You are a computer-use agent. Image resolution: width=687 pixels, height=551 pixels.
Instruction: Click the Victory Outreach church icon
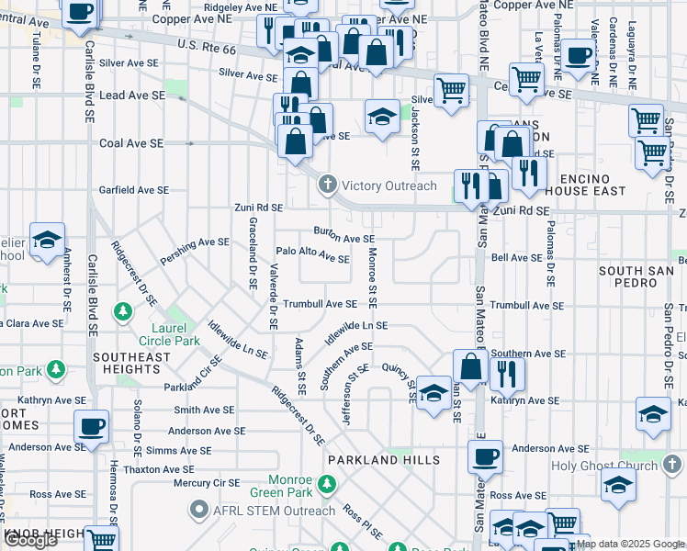click(x=327, y=186)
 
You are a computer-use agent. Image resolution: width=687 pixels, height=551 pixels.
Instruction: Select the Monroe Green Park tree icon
click(x=327, y=484)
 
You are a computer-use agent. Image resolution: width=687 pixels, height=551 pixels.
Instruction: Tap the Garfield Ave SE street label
click(x=134, y=190)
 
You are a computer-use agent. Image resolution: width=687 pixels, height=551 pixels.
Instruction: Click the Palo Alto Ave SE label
click(x=312, y=254)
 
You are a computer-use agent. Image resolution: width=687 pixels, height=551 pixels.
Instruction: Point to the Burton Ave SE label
click(x=343, y=235)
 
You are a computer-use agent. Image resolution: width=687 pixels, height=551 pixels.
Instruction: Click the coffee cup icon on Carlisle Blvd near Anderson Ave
click(x=92, y=426)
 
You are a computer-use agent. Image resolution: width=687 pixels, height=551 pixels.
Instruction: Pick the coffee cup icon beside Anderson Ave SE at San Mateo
click(x=485, y=455)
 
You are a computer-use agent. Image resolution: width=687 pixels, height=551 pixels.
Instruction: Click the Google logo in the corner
click(x=30, y=540)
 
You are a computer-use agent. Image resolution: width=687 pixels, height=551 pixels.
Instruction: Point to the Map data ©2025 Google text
click(x=630, y=544)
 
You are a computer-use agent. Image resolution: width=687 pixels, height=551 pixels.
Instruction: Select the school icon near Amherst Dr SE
click(x=47, y=240)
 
